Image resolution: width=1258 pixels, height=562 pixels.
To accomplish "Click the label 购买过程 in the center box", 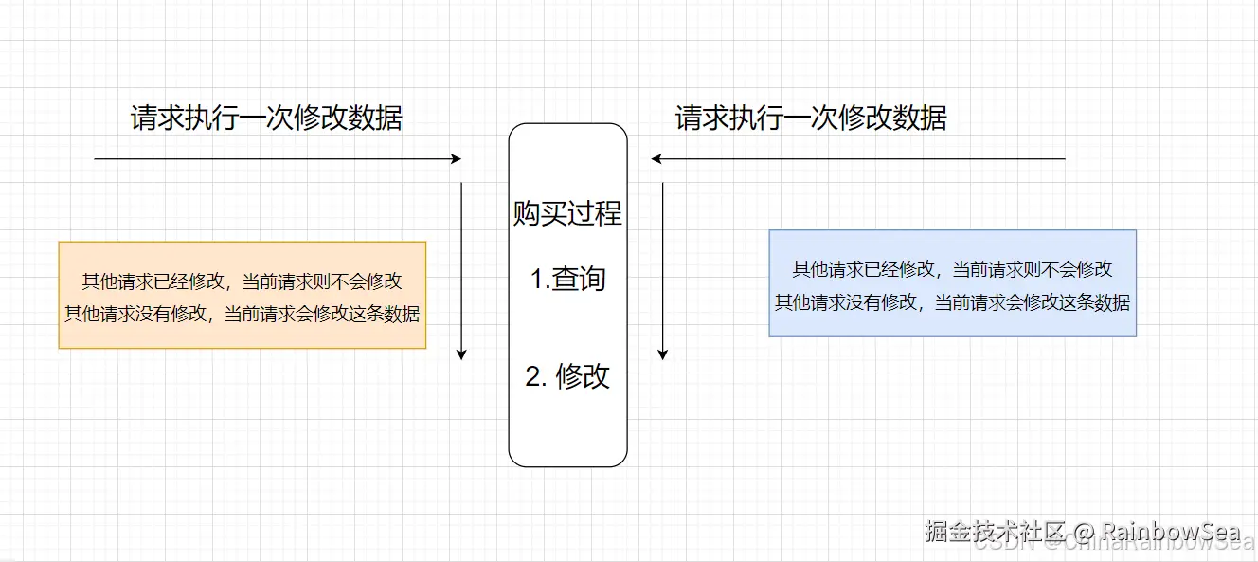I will pos(567,213).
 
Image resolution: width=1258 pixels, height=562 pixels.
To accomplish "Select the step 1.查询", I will pos(567,280).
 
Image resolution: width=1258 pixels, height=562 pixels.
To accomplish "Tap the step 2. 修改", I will pos(567,376).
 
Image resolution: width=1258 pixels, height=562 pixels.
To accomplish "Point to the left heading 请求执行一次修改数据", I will pos(266,118).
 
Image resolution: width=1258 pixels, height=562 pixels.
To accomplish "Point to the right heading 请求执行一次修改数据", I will pos(811,118).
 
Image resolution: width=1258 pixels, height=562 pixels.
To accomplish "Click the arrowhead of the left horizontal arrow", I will pos(457,159).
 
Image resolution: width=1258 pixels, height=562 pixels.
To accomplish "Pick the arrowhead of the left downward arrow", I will pos(461,354).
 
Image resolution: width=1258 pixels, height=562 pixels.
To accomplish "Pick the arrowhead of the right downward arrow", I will pos(662,354).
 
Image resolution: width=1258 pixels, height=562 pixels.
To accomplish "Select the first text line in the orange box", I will pos(242,281).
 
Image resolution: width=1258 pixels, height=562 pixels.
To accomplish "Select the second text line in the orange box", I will pos(242,314).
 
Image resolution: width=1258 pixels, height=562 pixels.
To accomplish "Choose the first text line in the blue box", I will pos(952,270).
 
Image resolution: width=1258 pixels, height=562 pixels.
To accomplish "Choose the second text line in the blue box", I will pos(952,302).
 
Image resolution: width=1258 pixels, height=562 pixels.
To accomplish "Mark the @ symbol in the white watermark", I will pos(1059,531).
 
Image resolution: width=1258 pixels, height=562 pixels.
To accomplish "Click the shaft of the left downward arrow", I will pos(461,265).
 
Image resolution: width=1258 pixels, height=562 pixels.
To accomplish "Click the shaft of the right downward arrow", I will pos(662,265).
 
